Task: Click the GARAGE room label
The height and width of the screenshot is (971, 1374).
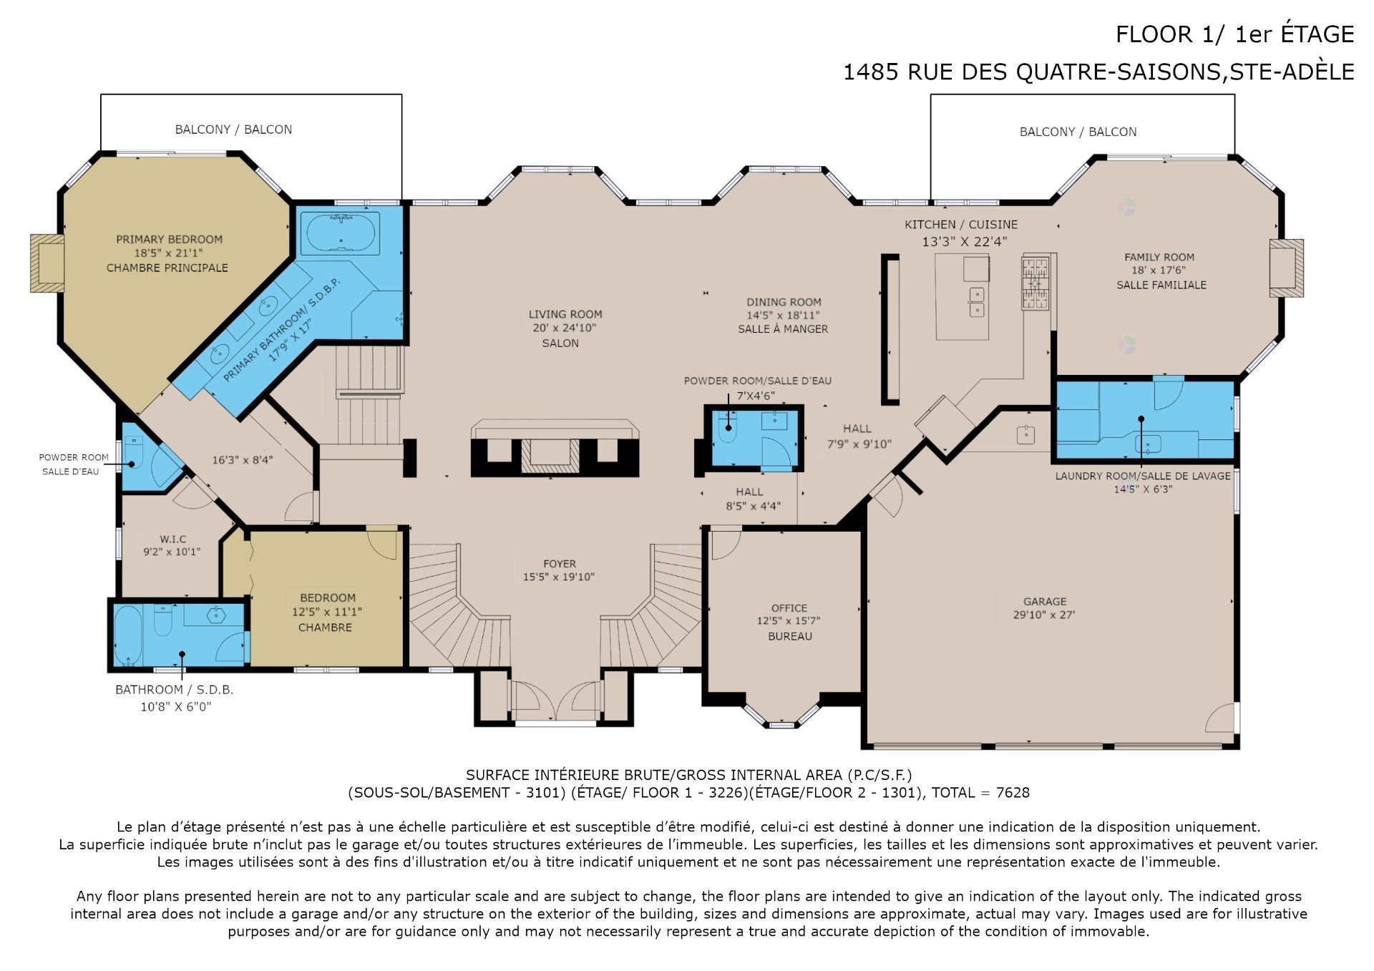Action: (x=1045, y=602)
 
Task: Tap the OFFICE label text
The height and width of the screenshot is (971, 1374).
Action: (x=789, y=608)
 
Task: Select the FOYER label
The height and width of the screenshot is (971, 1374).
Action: (x=560, y=564)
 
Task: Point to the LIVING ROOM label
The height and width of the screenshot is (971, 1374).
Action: (x=565, y=314)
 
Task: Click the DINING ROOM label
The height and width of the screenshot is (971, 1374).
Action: (x=784, y=302)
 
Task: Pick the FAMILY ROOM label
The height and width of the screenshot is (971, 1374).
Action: (x=1159, y=257)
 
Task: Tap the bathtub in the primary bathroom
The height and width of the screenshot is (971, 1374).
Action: (x=340, y=233)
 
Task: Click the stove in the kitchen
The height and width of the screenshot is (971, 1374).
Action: (x=1035, y=283)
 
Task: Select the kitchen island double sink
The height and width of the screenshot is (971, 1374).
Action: (x=976, y=302)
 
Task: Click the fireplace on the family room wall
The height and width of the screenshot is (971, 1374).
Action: (x=1286, y=268)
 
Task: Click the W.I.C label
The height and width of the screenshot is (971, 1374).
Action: (x=173, y=539)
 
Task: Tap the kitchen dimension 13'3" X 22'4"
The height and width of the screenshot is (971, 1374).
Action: (x=964, y=242)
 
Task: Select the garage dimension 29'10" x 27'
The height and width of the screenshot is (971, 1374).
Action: (x=1044, y=615)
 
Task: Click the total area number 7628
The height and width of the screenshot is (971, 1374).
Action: (x=1013, y=792)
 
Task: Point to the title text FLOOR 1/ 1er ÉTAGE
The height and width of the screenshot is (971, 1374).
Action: (x=1235, y=34)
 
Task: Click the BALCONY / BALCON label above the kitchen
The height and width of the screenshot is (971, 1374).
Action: (x=1078, y=132)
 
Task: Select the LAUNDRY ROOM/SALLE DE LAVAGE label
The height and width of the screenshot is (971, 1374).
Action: (x=1143, y=476)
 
